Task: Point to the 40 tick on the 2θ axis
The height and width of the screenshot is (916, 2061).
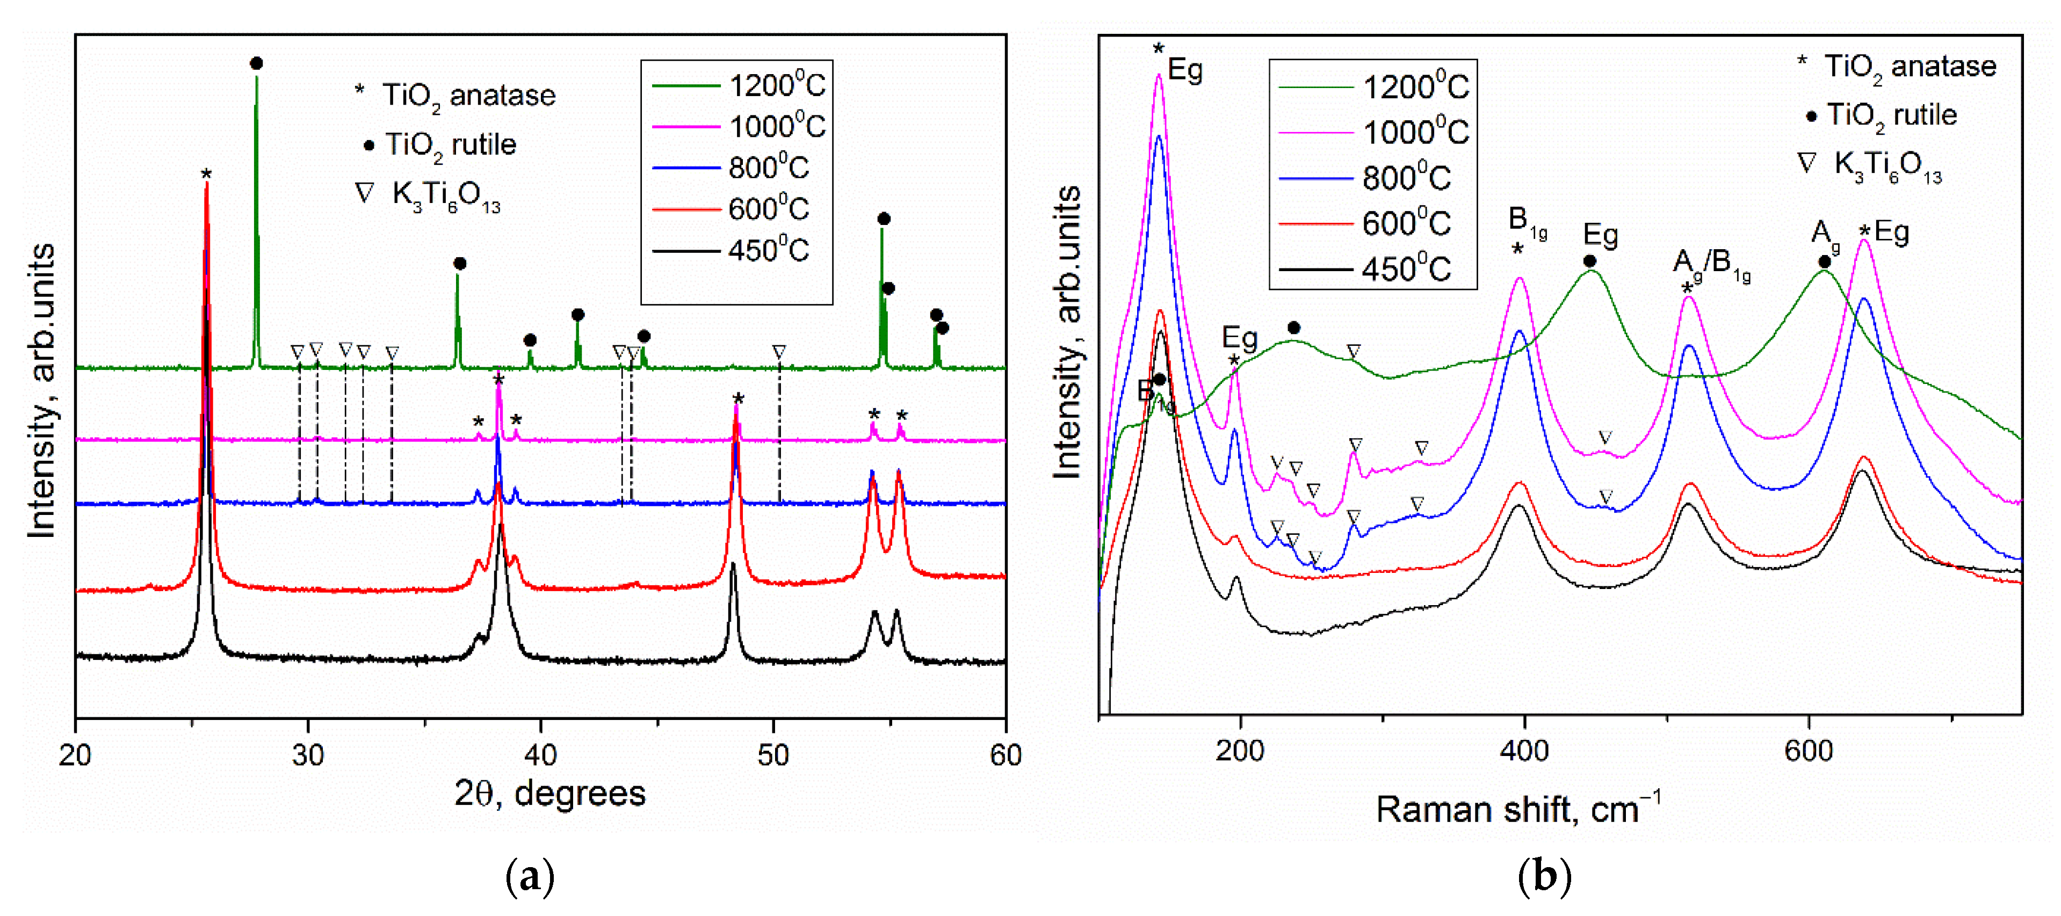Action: point(541,754)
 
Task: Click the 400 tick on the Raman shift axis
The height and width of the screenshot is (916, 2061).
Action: point(1524,751)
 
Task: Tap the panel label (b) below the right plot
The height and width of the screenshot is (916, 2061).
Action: point(1544,877)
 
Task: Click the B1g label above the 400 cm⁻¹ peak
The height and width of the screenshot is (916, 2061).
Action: point(1527,220)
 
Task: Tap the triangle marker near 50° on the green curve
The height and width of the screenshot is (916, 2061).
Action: point(779,351)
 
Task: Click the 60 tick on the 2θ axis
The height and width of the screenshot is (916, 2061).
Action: point(1005,754)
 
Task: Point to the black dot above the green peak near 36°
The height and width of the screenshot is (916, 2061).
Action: point(459,263)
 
